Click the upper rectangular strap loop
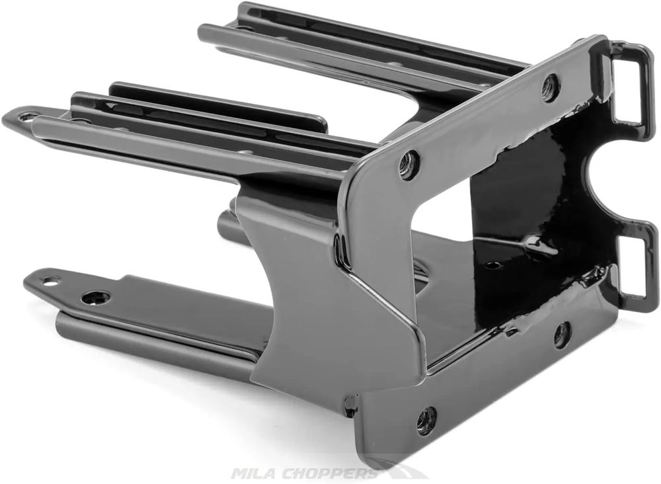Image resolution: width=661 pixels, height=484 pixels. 645,85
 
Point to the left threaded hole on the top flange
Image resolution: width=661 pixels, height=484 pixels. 408,160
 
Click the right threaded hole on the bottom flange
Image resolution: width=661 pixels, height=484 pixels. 561,335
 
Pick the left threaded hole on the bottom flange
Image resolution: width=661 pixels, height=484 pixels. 426,419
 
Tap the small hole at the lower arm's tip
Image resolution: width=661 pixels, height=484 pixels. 50,280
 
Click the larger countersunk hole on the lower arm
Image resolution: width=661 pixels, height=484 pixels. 97,298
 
